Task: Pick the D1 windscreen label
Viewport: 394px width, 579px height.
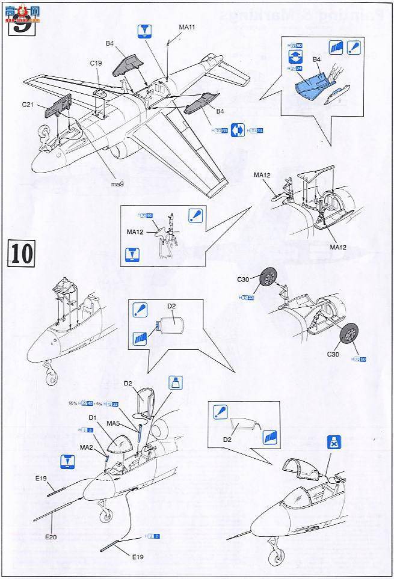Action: (92, 417)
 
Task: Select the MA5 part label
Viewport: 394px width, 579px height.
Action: (114, 423)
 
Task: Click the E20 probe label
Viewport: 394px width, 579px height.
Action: (50, 536)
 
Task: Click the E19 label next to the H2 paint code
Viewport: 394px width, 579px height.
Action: (140, 557)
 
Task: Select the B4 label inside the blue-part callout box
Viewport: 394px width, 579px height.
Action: (316, 60)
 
